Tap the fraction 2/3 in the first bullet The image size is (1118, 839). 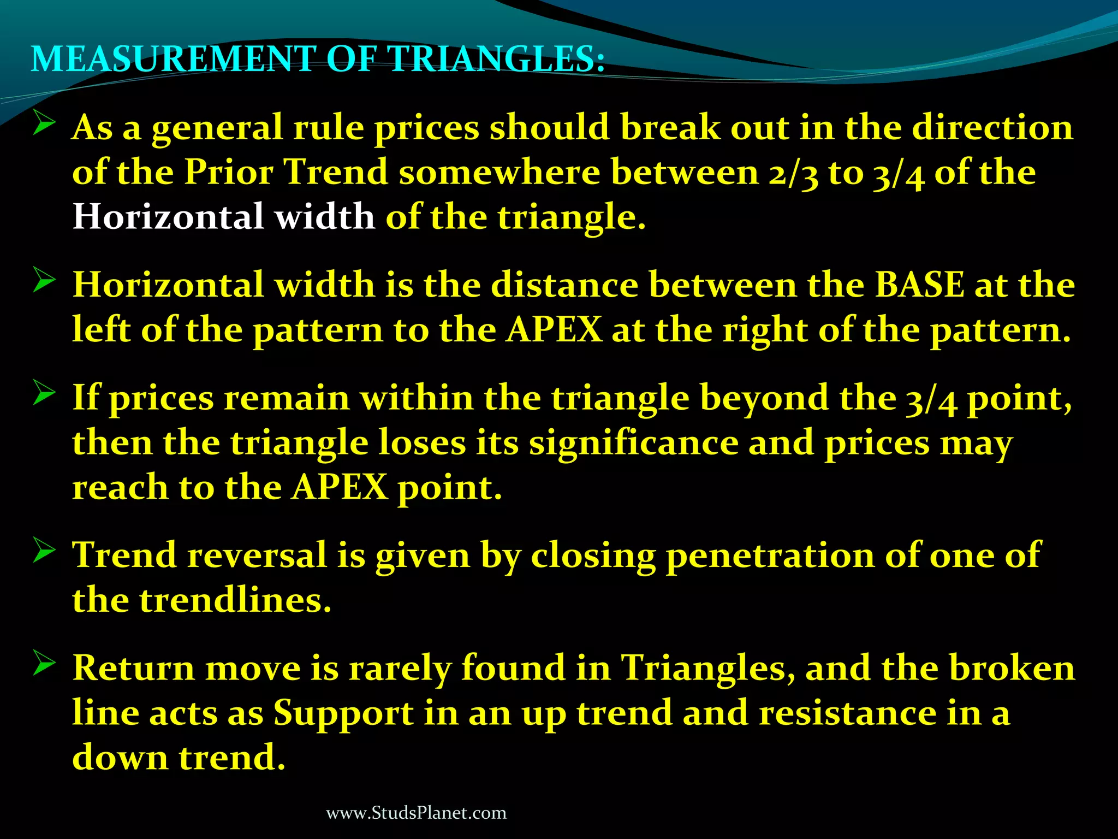click(x=793, y=173)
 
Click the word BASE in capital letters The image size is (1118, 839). click(x=919, y=285)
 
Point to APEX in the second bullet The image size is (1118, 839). click(x=554, y=330)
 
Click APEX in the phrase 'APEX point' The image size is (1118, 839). click(x=340, y=487)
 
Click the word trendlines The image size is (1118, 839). click(x=235, y=600)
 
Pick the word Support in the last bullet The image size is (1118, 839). click(x=343, y=713)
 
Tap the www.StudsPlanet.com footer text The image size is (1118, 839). click(x=416, y=813)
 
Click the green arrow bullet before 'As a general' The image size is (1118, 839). click(x=44, y=123)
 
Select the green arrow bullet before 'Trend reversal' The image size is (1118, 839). click(x=44, y=551)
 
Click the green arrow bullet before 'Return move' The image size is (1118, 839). click(x=44, y=663)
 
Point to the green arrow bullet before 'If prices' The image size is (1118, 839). click(x=44, y=393)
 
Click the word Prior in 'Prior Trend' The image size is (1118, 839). click(x=228, y=172)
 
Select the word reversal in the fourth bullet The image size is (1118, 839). click(x=257, y=556)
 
